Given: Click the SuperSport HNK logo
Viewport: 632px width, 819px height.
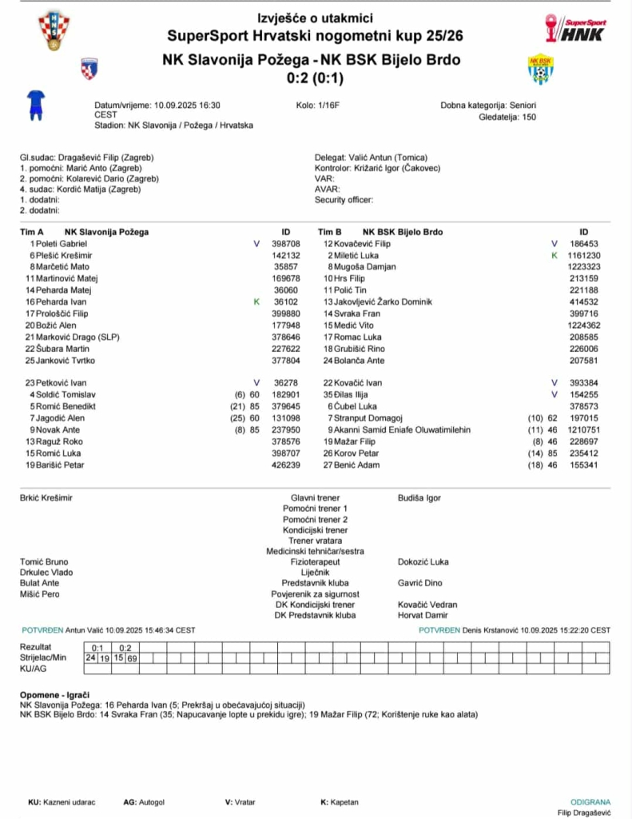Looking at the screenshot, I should (576, 28).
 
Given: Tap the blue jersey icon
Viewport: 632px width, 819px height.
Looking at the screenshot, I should (35, 105).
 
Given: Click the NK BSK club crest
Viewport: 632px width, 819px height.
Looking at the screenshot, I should (541, 69).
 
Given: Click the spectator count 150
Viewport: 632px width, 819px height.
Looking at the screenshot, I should (529, 117).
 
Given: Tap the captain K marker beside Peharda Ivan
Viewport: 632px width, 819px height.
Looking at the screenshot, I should (256, 302).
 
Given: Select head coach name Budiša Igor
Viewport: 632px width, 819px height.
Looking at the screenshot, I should (419, 497).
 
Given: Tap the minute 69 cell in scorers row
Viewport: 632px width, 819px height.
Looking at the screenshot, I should (133, 657).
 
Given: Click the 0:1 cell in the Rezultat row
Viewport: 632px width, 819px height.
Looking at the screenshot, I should (98, 647).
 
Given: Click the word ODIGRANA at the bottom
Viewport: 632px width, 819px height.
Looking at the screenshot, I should (590, 801).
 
